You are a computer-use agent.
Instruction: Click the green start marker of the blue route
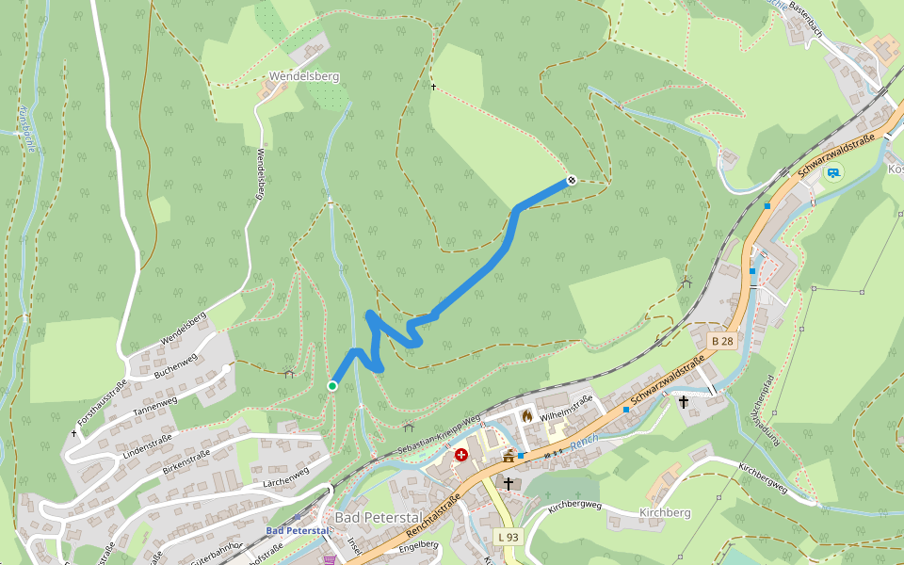pos(332,386)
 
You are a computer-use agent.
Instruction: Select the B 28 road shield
pos(721,341)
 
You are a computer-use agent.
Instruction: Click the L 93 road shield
pos(508,537)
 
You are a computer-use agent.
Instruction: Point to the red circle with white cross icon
pos(461,455)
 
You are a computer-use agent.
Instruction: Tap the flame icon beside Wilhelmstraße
pos(526,414)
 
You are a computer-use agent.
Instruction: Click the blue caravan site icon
pos(833,172)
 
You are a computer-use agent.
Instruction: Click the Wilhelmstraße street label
pos(567,406)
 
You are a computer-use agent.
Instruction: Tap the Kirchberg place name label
pos(665,512)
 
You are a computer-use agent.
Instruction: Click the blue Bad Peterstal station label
pos(298,531)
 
